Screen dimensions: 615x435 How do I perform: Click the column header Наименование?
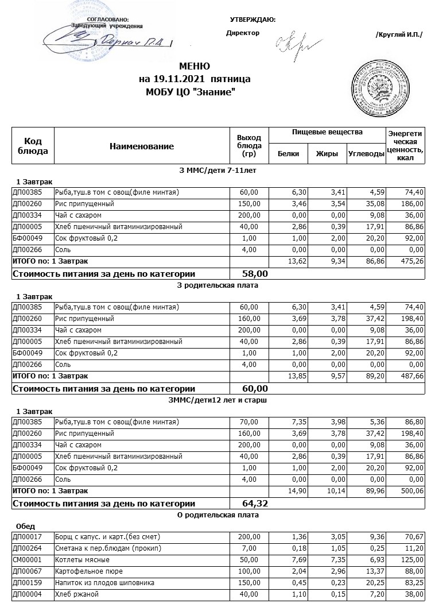(x=141, y=146)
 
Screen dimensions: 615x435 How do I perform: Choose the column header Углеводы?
(x=366, y=154)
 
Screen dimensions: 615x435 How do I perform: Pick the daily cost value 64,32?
(x=255, y=504)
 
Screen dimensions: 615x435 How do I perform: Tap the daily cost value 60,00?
(x=255, y=389)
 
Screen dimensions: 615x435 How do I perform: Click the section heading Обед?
(x=26, y=525)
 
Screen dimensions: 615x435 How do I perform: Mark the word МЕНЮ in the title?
(x=194, y=66)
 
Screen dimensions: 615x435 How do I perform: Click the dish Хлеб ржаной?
(x=74, y=594)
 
